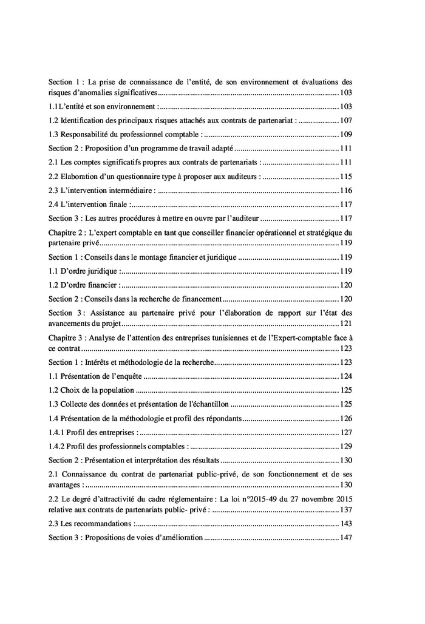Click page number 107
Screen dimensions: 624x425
[345, 120]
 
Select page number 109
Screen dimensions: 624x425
[345, 134]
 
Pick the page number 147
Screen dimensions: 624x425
[345, 538]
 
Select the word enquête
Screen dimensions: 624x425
[126, 376]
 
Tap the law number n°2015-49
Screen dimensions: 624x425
[249, 499]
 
